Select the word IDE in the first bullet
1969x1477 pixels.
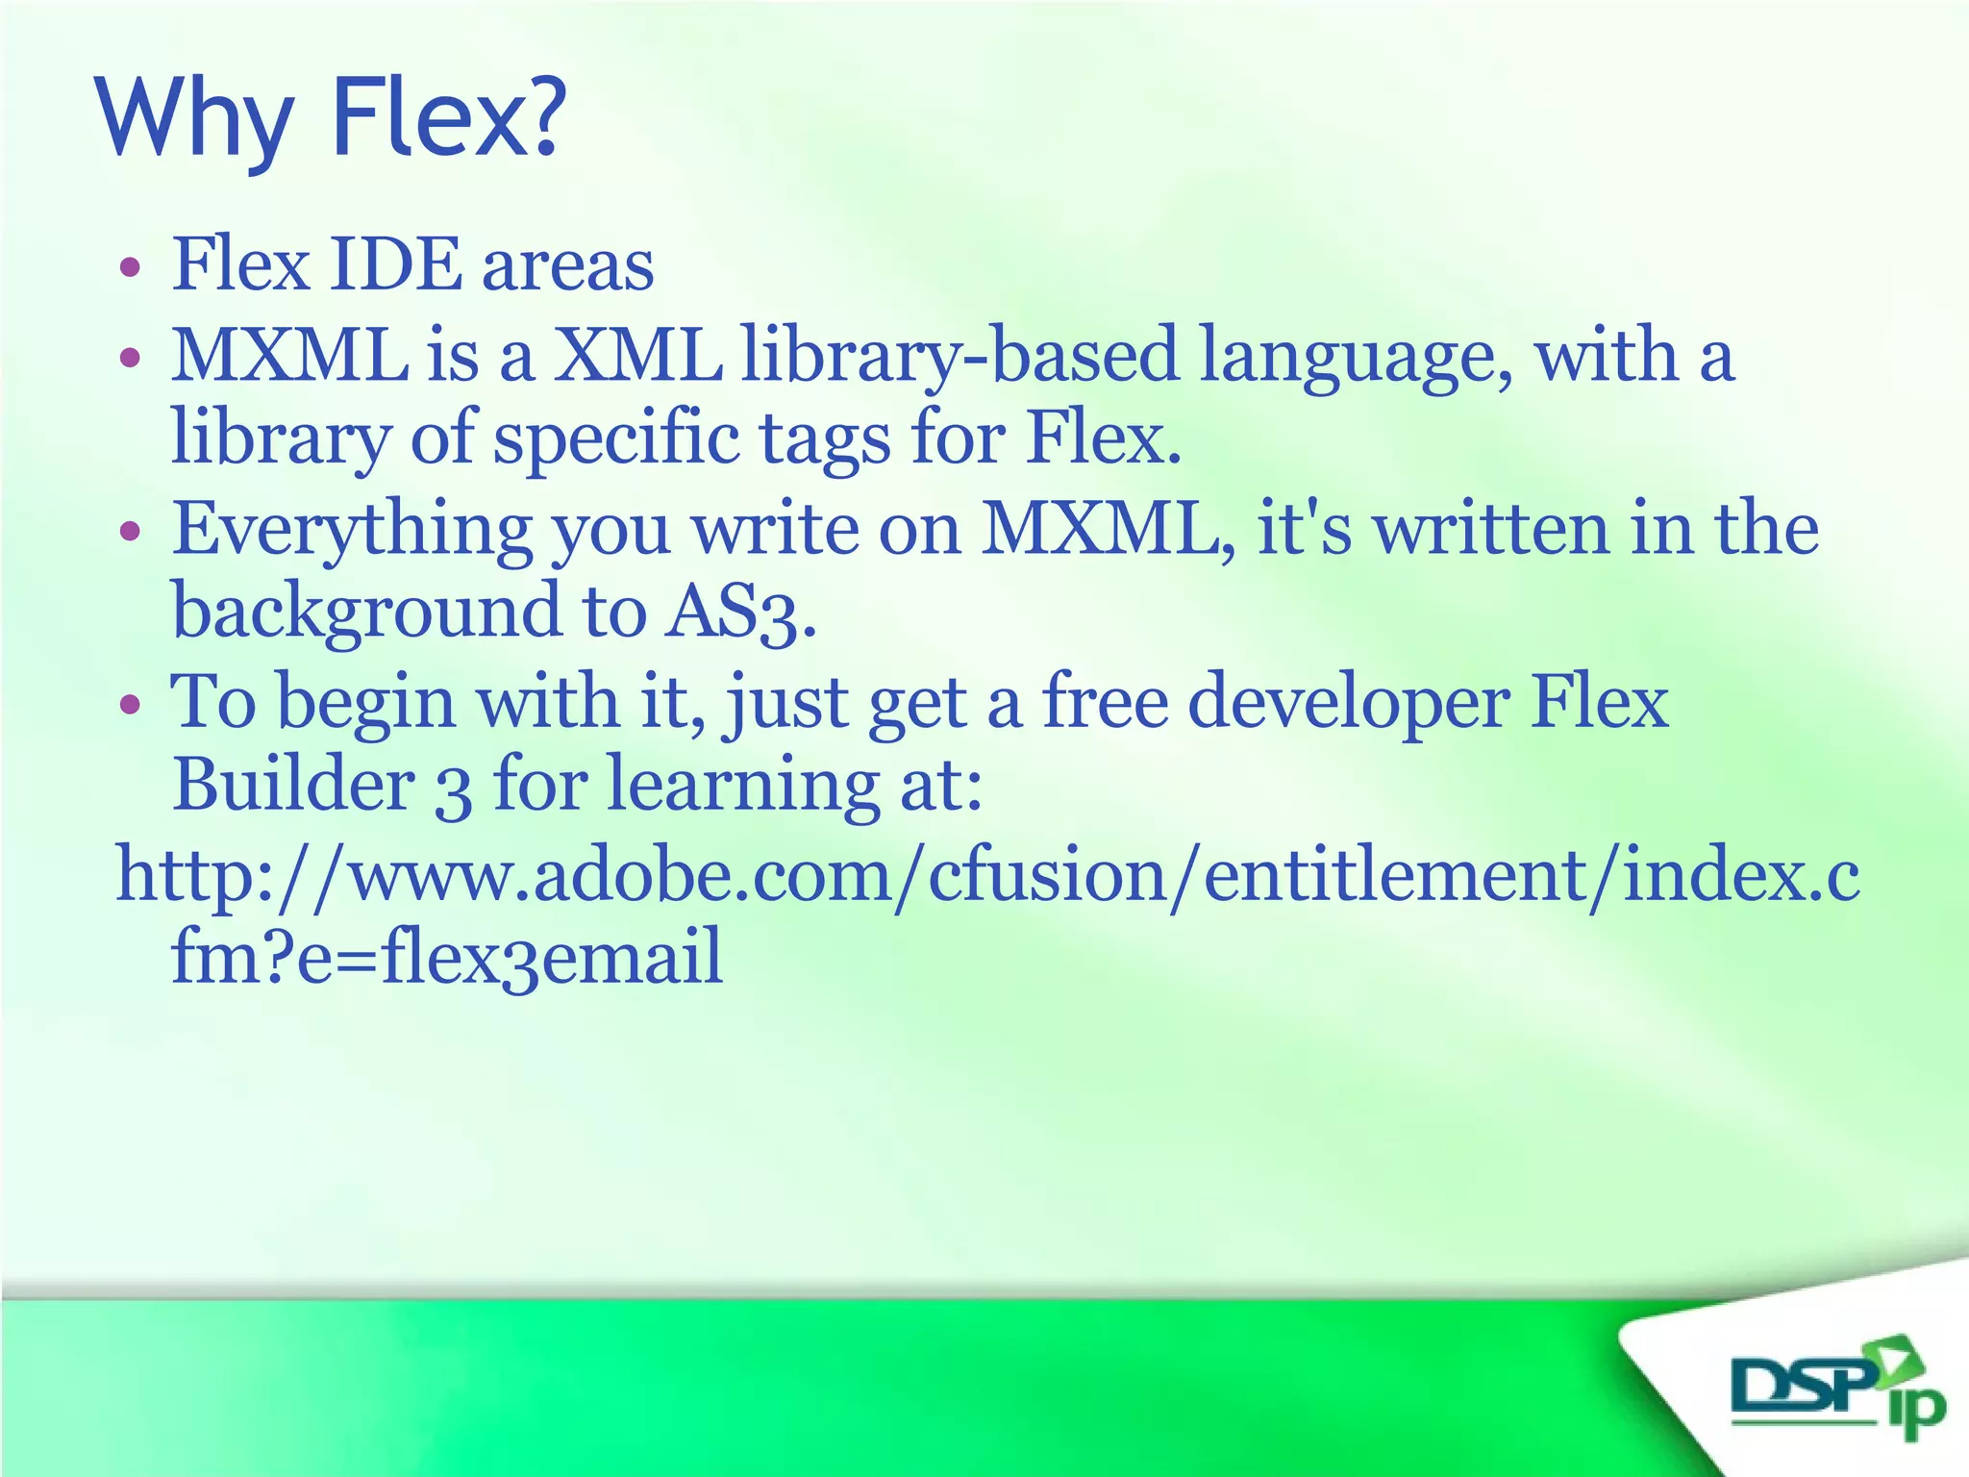(394, 264)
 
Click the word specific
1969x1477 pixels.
(616, 440)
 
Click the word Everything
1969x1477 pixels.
(352, 531)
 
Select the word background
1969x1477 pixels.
(365, 613)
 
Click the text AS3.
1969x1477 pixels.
(740, 613)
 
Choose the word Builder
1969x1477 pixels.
(293, 785)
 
